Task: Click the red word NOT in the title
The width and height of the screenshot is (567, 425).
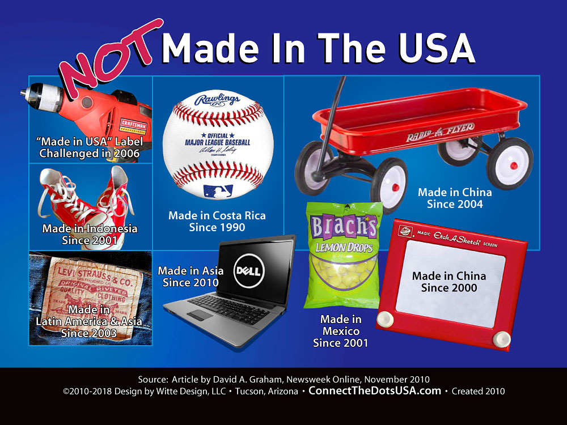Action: pyautogui.click(x=111, y=58)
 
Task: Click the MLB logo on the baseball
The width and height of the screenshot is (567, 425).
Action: pyautogui.click(x=218, y=191)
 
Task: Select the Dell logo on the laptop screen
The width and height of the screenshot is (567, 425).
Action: pyautogui.click(x=249, y=271)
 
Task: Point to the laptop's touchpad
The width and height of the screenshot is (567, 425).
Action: pyautogui.click(x=200, y=314)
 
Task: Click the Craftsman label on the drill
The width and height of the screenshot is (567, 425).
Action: pyautogui.click(x=133, y=125)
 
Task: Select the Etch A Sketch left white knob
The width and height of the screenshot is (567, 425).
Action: pyautogui.click(x=385, y=319)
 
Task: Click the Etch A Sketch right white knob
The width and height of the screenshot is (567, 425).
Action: pyautogui.click(x=502, y=339)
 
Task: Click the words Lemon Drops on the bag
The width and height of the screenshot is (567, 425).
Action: pyautogui.click(x=344, y=248)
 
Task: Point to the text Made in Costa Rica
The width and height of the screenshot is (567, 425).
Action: pyautogui.click(x=217, y=216)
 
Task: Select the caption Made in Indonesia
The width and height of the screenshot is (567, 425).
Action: pyautogui.click(x=90, y=228)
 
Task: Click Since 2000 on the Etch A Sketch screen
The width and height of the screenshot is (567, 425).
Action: pyautogui.click(x=449, y=288)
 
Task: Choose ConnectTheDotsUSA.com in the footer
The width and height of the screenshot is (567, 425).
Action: pyautogui.click(x=375, y=390)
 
